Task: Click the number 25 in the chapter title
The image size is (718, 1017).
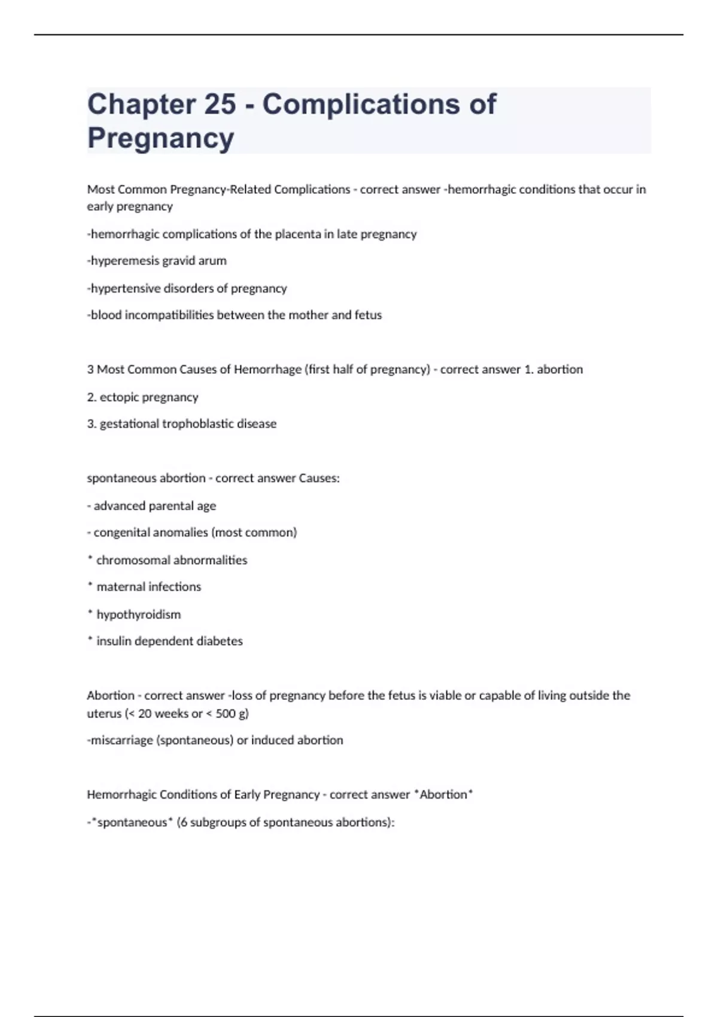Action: tap(220, 104)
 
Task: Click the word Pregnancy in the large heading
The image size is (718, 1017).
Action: tap(160, 138)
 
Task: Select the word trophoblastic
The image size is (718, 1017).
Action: tap(193, 424)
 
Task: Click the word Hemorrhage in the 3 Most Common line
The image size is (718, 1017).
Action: tap(267, 370)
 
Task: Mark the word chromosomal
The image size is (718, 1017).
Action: tap(129, 561)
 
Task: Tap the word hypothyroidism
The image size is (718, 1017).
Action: tap(138, 614)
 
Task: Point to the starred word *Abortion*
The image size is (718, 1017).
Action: tap(443, 795)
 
